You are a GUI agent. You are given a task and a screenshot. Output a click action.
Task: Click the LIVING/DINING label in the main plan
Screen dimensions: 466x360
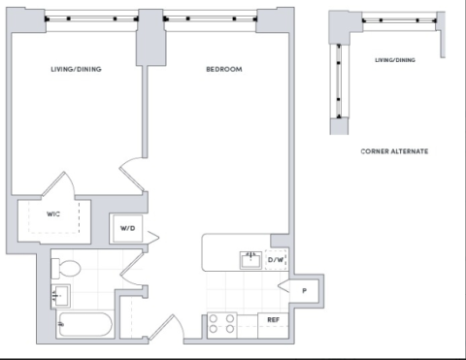click(76, 69)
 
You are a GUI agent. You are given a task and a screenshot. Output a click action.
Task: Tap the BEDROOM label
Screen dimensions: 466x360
click(224, 69)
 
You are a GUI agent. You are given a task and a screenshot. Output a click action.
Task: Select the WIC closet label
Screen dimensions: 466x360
click(53, 214)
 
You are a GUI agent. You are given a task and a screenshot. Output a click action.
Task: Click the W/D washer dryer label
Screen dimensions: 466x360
click(127, 228)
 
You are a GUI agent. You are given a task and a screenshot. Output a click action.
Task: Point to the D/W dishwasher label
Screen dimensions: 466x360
click(276, 259)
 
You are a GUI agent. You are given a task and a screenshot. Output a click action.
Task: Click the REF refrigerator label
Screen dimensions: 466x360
click(273, 320)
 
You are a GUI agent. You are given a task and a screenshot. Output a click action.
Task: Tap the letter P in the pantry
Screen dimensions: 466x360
click(304, 291)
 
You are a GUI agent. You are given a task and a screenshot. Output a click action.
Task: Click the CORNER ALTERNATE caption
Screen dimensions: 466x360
click(394, 151)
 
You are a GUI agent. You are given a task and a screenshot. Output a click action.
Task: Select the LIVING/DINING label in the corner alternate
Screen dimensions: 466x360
click(395, 60)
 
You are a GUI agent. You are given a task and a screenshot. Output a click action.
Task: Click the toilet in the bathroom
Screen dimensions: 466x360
click(65, 268)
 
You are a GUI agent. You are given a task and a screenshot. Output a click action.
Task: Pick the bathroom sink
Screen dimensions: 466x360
click(60, 296)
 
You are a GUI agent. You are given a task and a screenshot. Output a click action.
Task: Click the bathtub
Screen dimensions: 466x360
click(85, 324)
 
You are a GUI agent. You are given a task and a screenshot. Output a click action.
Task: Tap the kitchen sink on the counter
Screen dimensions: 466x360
click(250, 260)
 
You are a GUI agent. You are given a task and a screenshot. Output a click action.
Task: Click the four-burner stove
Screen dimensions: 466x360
click(222, 324)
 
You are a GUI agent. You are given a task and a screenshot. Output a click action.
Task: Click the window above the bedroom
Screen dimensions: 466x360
click(211, 19)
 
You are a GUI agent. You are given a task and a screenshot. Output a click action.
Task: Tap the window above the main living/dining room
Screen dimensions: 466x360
click(91, 19)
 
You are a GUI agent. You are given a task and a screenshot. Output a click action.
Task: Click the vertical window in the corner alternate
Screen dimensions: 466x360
click(339, 82)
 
